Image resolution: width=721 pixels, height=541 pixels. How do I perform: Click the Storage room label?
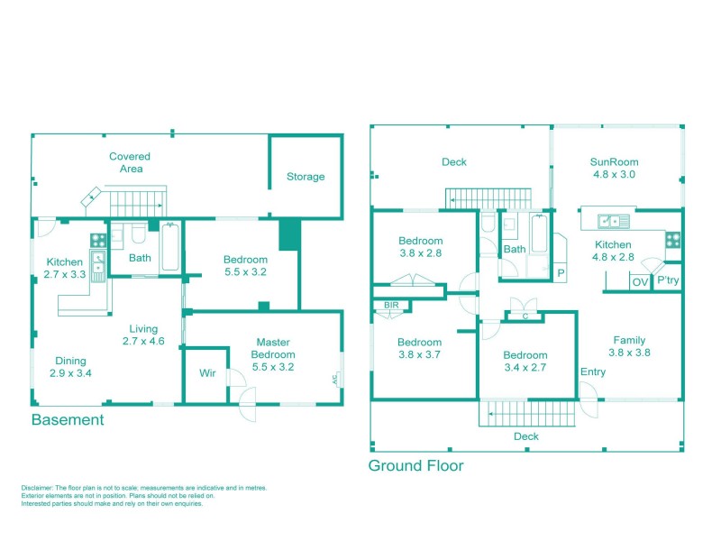(x=306, y=177)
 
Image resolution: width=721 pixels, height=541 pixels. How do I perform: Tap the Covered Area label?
(x=130, y=162)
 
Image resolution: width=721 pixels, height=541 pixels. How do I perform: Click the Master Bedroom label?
(x=272, y=348)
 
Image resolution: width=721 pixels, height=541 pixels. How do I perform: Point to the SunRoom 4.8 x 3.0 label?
(x=614, y=169)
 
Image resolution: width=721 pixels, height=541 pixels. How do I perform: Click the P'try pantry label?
(x=668, y=281)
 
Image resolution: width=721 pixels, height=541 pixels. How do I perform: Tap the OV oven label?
(x=640, y=282)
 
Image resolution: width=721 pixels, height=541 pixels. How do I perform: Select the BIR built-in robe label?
(x=391, y=306)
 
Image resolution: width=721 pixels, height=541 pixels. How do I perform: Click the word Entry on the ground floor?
(x=593, y=372)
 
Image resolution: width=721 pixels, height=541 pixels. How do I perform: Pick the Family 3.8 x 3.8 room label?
(x=628, y=347)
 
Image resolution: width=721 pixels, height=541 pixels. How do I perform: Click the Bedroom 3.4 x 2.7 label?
(x=525, y=362)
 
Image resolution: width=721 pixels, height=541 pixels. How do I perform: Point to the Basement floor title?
(x=68, y=420)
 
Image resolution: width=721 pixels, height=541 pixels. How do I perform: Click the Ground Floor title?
(x=415, y=466)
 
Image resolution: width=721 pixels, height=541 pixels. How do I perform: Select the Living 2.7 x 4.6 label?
(x=142, y=335)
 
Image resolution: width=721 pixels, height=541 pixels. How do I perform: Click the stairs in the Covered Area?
(x=139, y=204)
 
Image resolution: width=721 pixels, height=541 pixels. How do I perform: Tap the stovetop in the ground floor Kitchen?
(x=672, y=239)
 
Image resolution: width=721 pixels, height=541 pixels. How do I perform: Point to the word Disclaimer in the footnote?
(x=38, y=488)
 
